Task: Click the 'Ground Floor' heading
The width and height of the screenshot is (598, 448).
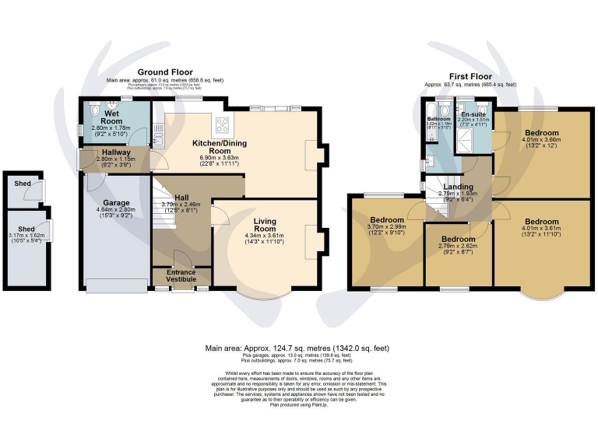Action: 165,72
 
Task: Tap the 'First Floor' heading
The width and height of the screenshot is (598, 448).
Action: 470,76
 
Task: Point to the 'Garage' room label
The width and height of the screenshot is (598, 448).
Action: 117,203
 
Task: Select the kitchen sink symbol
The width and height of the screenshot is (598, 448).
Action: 158,138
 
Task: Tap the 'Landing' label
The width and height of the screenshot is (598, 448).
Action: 459,187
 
